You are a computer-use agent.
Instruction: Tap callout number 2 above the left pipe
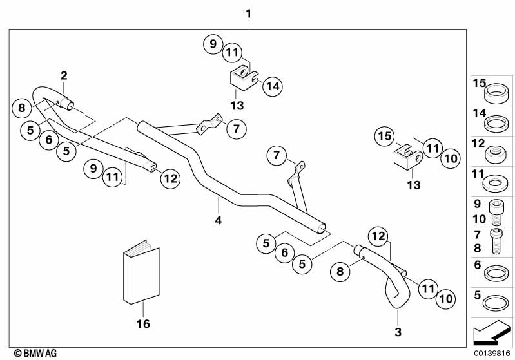[x=64, y=76]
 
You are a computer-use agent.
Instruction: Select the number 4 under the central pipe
[x=219, y=220]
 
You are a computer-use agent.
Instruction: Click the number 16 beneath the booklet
[x=143, y=324]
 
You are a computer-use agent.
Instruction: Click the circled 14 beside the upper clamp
[x=273, y=86]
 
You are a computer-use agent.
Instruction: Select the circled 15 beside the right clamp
[x=384, y=137]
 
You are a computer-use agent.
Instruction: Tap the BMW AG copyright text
[x=31, y=353]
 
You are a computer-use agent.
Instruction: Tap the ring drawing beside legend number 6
[x=493, y=272]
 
